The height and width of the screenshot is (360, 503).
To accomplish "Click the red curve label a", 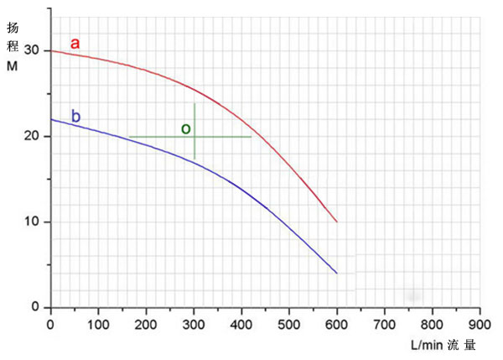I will click(x=75, y=41).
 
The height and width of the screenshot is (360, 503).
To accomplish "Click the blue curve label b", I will click(x=75, y=117).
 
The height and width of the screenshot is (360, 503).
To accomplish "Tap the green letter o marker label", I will click(x=186, y=128).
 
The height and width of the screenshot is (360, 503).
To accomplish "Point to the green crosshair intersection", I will click(x=194, y=137).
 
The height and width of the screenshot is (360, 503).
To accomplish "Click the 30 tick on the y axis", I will click(x=33, y=51).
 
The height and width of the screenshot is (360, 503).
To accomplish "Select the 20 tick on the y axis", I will click(x=33, y=137).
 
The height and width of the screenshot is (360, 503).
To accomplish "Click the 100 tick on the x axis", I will click(x=98, y=323).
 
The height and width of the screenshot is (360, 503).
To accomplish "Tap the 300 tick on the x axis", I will click(x=194, y=323).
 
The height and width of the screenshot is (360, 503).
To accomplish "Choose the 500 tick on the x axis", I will click(x=289, y=323).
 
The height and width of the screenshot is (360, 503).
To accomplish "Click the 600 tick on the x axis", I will click(x=337, y=323).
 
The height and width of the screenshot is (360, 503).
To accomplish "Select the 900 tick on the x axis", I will click(x=480, y=323).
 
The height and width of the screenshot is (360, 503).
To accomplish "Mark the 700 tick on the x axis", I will click(x=385, y=323).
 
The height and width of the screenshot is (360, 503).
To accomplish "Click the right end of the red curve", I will click(x=337, y=222).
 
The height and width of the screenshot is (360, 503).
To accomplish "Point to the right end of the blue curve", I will click(x=337, y=273).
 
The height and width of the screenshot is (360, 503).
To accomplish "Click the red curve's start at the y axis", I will click(x=51, y=51).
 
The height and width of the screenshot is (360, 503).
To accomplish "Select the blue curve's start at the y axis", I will click(x=51, y=119).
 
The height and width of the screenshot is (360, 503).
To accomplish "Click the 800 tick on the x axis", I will click(x=433, y=323).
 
